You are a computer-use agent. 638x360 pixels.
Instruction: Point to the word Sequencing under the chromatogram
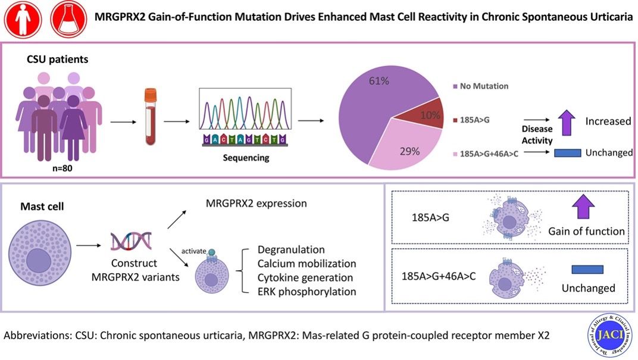coord(246,158)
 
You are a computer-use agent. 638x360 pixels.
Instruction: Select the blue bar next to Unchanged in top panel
coord(567,153)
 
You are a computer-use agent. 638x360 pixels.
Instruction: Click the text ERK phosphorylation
coord(307,292)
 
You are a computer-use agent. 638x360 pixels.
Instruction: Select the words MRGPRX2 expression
coord(256,204)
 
